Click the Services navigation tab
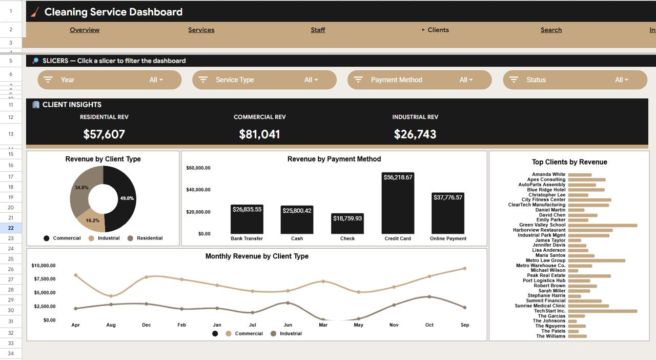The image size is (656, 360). pos(201,30)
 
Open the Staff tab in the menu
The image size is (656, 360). pos(318,30)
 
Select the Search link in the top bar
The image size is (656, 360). pos(551,30)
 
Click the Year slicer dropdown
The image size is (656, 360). pos(109,80)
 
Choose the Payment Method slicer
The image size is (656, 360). pos(419,80)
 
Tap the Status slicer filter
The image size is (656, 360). pos(575,80)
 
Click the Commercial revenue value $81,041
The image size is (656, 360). pos(259,134)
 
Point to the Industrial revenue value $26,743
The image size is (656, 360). pos(415,134)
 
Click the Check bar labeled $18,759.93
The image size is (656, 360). pos(347,224)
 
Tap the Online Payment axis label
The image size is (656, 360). pos(448,238)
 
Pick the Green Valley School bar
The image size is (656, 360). pos(602,225)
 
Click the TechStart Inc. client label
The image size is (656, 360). pos(549,311)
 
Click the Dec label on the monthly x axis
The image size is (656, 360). pos(147,325)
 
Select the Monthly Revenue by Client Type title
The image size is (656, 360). pos(257,256)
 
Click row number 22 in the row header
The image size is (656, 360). pos(11,228)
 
